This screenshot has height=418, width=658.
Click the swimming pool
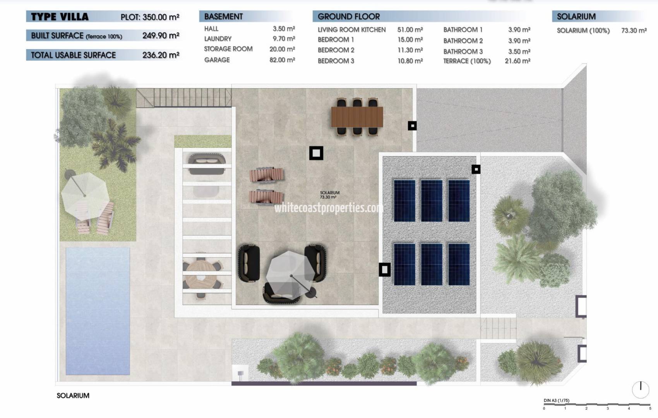point(98,311)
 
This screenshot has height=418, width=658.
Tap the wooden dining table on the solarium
point(357,117)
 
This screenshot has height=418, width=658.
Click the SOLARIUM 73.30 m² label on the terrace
point(329,195)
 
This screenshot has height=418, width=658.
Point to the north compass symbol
point(641,389)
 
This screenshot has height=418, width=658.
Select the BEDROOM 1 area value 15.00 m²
point(410,40)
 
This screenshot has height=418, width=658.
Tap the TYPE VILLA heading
point(60,17)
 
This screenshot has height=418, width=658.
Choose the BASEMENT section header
point(223,17)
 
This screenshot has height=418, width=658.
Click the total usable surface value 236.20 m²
point(161,55)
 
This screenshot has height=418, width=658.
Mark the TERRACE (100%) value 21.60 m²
point(517,61)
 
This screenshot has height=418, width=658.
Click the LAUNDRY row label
point(218,39)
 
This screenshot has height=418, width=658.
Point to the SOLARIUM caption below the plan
point(73,396)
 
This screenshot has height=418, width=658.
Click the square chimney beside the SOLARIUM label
point(316,153)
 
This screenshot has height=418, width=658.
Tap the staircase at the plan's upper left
point(183,98)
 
